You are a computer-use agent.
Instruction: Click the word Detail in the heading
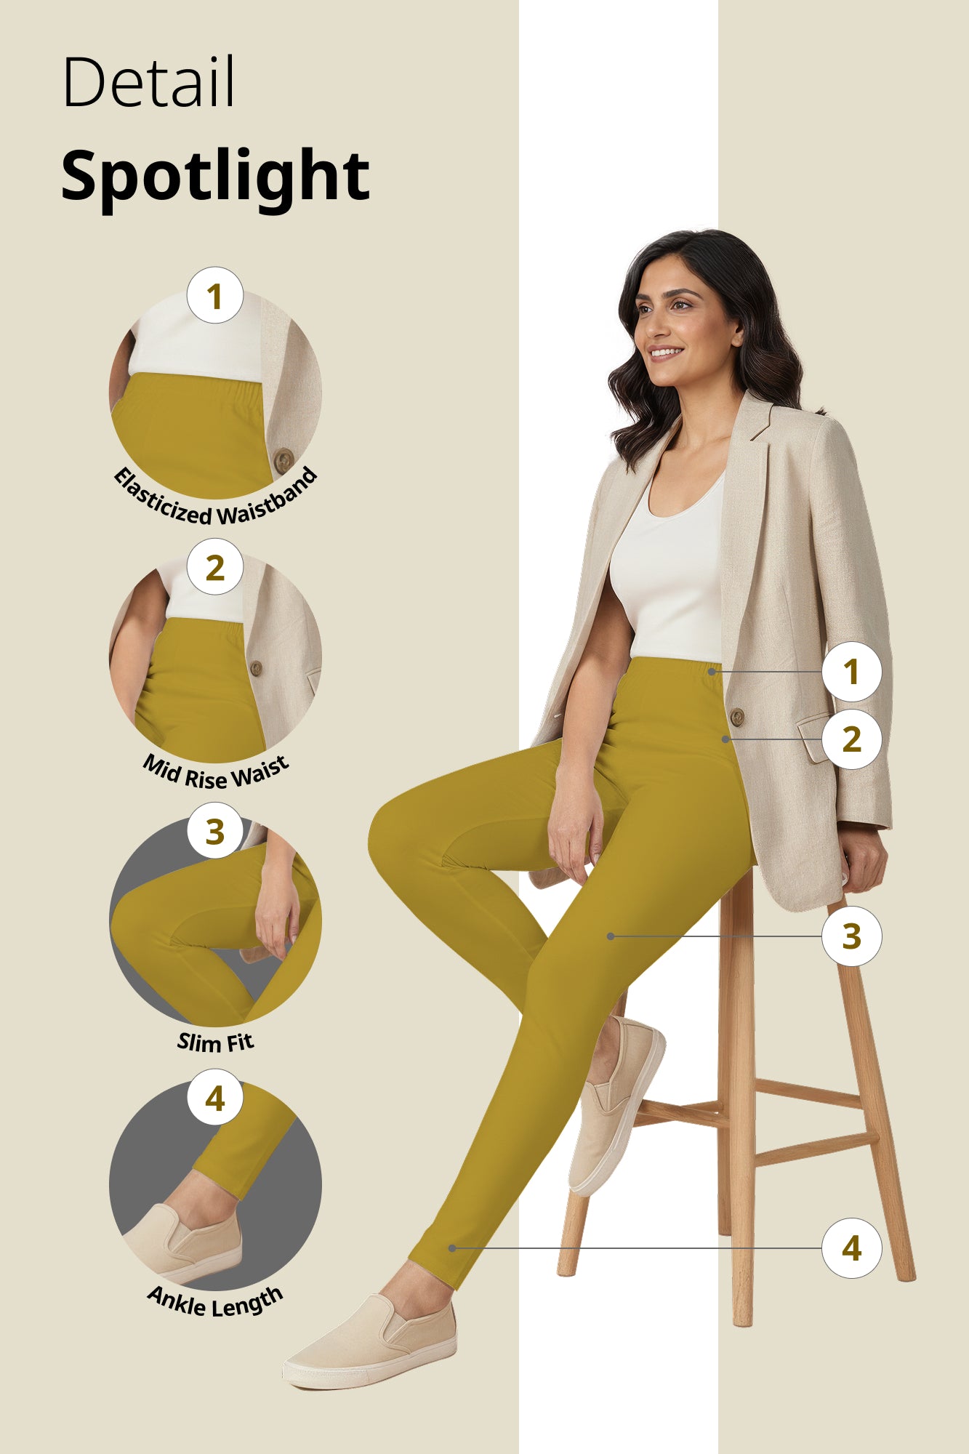pyautogui.click(x=149, y=82)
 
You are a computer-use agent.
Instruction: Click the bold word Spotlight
pyautogui.click(x=215, y=176)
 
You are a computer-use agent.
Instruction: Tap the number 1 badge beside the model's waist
pyautogui.click(x=851, y=672)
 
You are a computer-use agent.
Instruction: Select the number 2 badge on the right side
pyautogui.click(x=851, y=739)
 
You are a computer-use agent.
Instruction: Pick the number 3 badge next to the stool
pyautogui.click(x=851, y=936)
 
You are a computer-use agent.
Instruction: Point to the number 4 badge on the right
pyautogui.click(x=851, y=1248)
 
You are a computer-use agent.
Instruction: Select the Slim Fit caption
pyautogui.click(x=215, y=1043)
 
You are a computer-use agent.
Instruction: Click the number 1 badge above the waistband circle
pyautogui.click(x=214, y=296)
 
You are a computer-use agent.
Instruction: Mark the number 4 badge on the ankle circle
pyautogui.click(x=214, y=1098)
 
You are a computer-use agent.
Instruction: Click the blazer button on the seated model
pyautogui.click(x=736, y=717)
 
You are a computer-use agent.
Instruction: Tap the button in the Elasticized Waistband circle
pyautogui.click(x=284, y=459)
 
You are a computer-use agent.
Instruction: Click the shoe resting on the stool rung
pyautogui.click(x=614, y=1105)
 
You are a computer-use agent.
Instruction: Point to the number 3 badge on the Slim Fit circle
pyautogui.click(x=214, y=831)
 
